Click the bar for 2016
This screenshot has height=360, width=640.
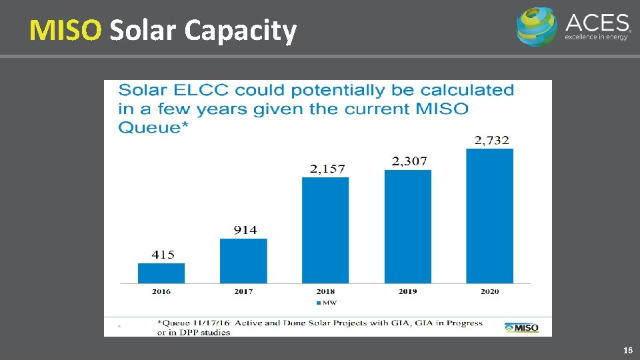(161, 273)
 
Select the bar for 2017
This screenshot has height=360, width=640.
(243, 261)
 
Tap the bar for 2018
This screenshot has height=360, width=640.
(325, 230)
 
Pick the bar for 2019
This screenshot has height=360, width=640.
(408, 227)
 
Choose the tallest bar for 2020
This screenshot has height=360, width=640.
(490, 216)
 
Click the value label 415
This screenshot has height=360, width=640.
(162, 254)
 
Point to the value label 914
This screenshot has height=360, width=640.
(245, 230)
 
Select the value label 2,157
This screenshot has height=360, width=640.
(327, 169)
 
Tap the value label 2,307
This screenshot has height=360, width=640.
(409, 161)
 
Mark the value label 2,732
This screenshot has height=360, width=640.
(491, 140)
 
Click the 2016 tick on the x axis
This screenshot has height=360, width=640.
(162, 291)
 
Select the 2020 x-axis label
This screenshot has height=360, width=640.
(491, 291)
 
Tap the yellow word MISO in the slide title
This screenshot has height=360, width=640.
(65, 30)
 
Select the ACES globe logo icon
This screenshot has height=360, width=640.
(537, 27)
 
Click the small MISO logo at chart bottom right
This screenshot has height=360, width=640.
(521, 327)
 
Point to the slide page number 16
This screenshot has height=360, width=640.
(627, 350)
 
